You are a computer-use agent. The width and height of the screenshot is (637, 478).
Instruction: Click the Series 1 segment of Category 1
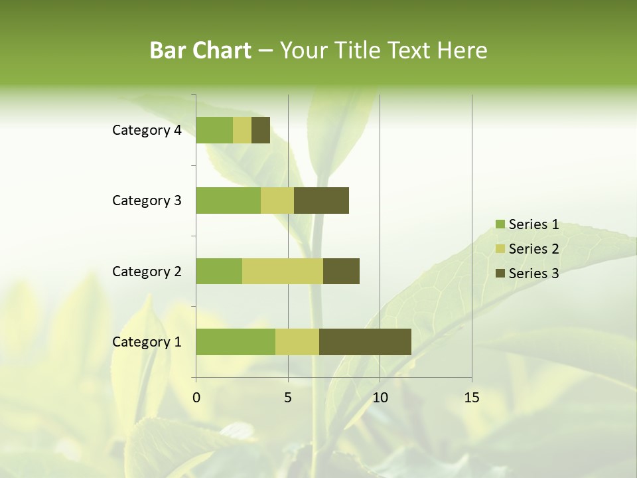coord(236,341)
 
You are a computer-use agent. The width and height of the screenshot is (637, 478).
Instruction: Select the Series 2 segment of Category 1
coord(297,341)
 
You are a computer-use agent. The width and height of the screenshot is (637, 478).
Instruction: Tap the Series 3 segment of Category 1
coord(365,341)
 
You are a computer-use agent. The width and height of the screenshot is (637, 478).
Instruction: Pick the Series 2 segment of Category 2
coord(283,271)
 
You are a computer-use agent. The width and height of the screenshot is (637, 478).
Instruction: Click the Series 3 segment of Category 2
coord(341,271)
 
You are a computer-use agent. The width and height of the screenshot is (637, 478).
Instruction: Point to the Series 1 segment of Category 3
coord(228,200)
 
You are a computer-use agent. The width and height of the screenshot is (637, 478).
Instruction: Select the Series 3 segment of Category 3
coord(321,200)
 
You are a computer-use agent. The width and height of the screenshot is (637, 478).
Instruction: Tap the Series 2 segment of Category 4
coord(242,130)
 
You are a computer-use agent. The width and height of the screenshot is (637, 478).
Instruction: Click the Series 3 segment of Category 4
coord(261,130)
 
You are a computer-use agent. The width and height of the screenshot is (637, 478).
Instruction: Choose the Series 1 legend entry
coord(527,224)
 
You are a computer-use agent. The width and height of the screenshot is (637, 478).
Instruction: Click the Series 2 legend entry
coord(527,249)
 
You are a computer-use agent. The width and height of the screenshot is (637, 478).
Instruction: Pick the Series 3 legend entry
coord(527,273)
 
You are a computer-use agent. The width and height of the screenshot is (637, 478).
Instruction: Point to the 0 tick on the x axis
coord(196,398)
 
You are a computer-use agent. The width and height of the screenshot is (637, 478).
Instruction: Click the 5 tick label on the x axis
coord(288,398)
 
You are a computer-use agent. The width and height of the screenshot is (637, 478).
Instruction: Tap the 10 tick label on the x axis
coord(380,398)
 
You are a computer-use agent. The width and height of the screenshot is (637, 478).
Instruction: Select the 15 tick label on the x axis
coord(472,398)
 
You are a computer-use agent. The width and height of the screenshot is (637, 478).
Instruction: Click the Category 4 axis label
coord(147,130)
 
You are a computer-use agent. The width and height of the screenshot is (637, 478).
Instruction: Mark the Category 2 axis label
coord(147,271)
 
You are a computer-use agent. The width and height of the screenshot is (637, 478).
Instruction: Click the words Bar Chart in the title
coord(200,50)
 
